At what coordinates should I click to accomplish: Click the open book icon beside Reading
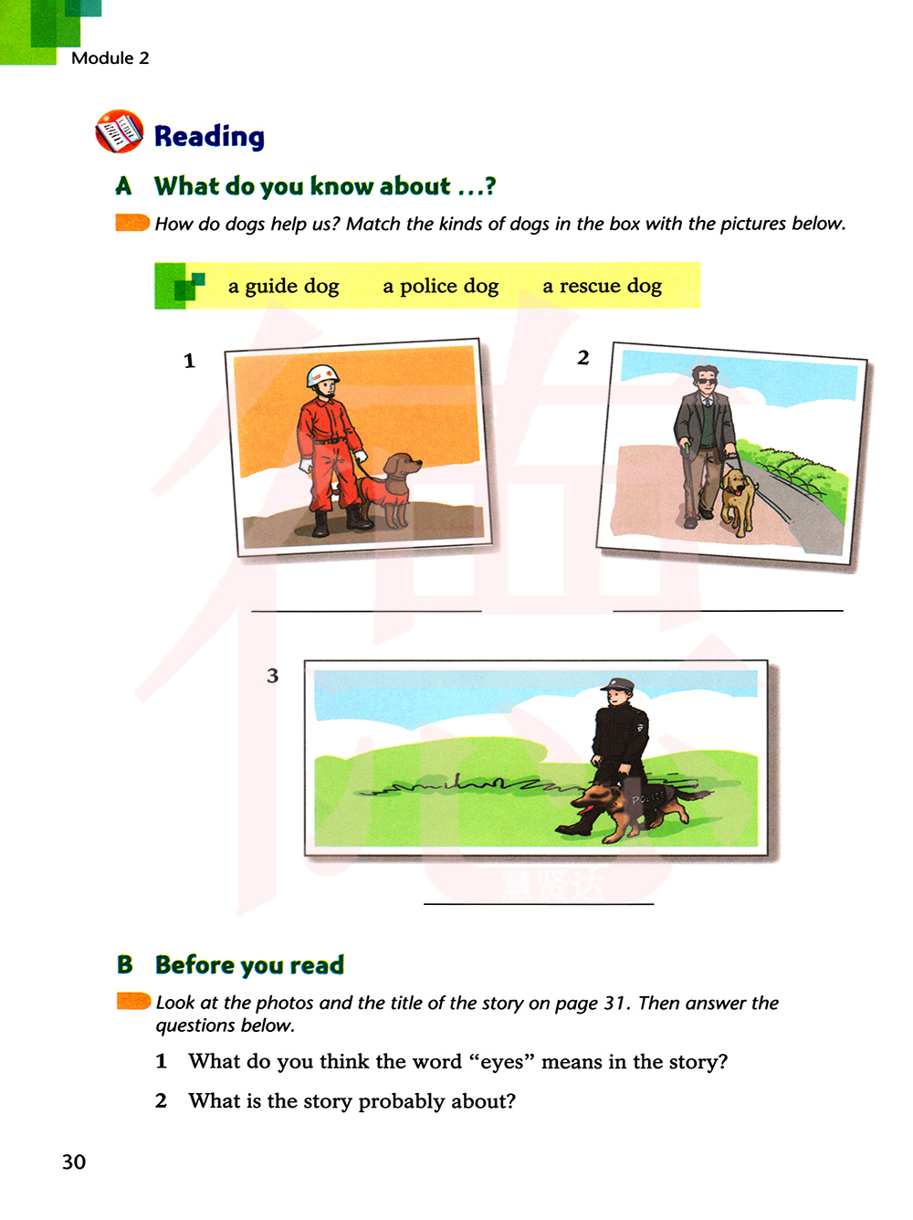pos(119,131)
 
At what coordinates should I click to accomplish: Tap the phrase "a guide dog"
pos(283,286)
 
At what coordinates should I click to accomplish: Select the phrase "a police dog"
pos(441,286)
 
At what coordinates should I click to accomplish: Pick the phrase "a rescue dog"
pos(603,286)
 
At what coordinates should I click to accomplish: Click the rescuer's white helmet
pos(323,375)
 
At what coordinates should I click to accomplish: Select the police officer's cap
pos(616,684)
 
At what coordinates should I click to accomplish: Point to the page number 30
pos(74,1162)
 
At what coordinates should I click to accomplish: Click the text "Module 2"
pos(110,58)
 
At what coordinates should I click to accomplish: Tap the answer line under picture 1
pos(366,612)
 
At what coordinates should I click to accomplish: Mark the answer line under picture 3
pos(539,904)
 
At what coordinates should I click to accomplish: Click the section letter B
pos(124,964)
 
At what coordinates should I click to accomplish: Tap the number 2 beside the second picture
pos(582,357)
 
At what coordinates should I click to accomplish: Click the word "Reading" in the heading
pos(209,136)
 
